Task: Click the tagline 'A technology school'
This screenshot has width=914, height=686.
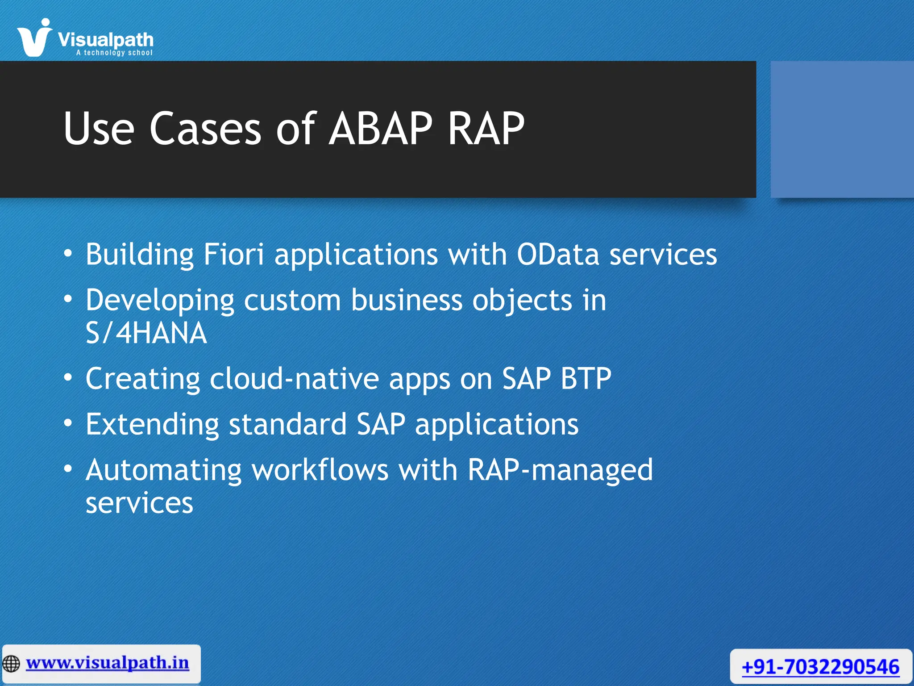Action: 114,53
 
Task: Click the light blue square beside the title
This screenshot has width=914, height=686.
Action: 842,130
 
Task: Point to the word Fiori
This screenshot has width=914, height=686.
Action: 233,254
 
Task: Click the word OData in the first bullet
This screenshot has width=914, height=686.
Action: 557,254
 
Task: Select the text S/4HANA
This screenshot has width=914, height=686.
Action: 146,333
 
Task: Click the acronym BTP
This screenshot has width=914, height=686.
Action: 586,379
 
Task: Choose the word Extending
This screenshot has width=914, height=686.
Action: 152,424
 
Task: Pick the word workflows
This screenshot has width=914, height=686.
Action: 320,470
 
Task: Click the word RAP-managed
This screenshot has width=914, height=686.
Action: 560,470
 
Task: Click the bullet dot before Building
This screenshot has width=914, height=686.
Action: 68,254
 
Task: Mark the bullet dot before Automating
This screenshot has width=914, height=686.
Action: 68,469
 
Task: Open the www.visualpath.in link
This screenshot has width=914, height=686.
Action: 107,663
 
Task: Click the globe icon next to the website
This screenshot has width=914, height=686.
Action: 11,664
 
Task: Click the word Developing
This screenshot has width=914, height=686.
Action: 160,300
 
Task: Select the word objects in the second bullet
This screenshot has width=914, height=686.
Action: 522,300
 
